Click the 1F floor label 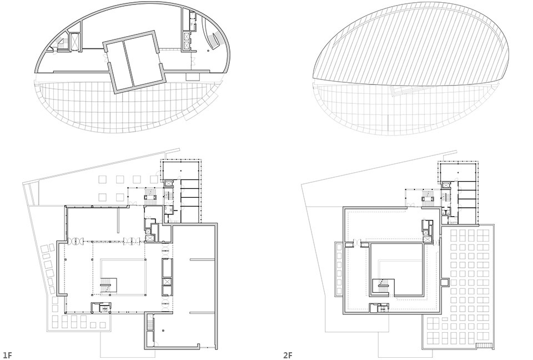7,355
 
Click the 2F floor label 288,355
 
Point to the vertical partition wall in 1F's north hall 119,221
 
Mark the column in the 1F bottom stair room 163,330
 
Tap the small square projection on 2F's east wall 445,282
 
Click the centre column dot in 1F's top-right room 181,170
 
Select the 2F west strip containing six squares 339,269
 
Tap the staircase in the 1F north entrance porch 150,196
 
